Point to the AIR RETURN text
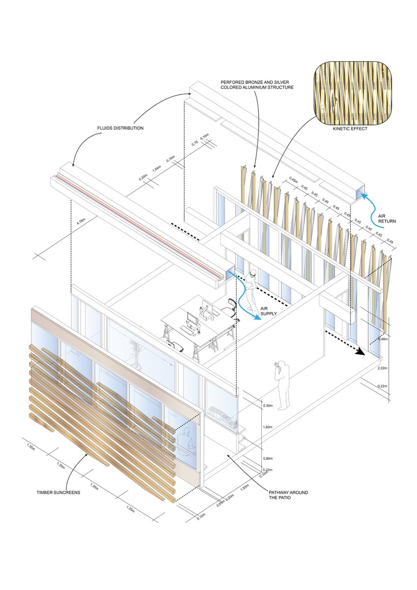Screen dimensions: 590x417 pyautogui.click(x=387, y=218)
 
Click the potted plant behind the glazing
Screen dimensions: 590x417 pyautogui.click(x=136, y=352)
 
